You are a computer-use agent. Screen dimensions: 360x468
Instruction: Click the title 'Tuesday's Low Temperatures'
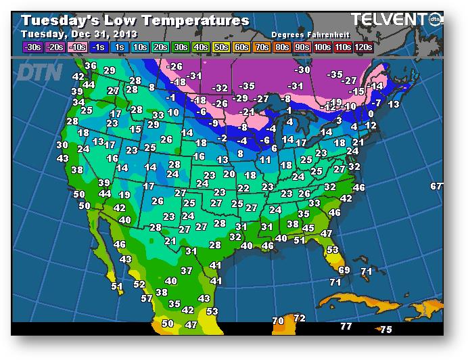click(x=135, y=21)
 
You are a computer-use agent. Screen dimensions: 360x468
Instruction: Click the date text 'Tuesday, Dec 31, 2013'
click(x=79, y=34)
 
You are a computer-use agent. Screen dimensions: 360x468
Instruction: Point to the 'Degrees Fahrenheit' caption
click(x=304, y=34)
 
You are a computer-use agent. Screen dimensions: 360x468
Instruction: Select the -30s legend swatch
click(x=33, y=47)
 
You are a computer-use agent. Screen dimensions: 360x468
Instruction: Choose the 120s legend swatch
click(x=363, y=47)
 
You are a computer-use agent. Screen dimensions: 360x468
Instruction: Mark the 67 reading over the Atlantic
click(x=437, y=186)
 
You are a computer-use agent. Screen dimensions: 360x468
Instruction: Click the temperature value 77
click(x=346, y=327)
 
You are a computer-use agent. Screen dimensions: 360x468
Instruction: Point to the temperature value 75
click(x=386, y=330)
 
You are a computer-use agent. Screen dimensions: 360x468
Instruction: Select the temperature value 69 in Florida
click(x=344, y=270)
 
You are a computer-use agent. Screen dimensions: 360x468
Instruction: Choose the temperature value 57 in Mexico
click(x=147, y=298)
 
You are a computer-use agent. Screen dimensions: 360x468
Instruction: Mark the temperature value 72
click(x=300, y=318)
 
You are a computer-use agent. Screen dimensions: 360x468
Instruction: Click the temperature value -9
click(x=214, y=123)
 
